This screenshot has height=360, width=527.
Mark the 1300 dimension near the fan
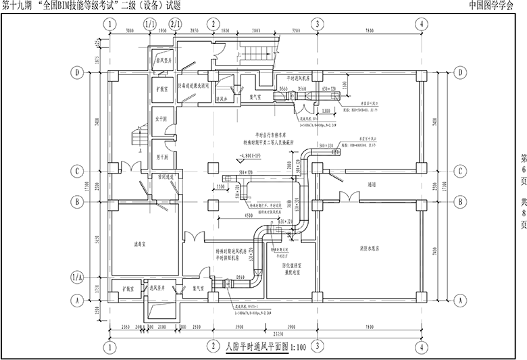(326, 110)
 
